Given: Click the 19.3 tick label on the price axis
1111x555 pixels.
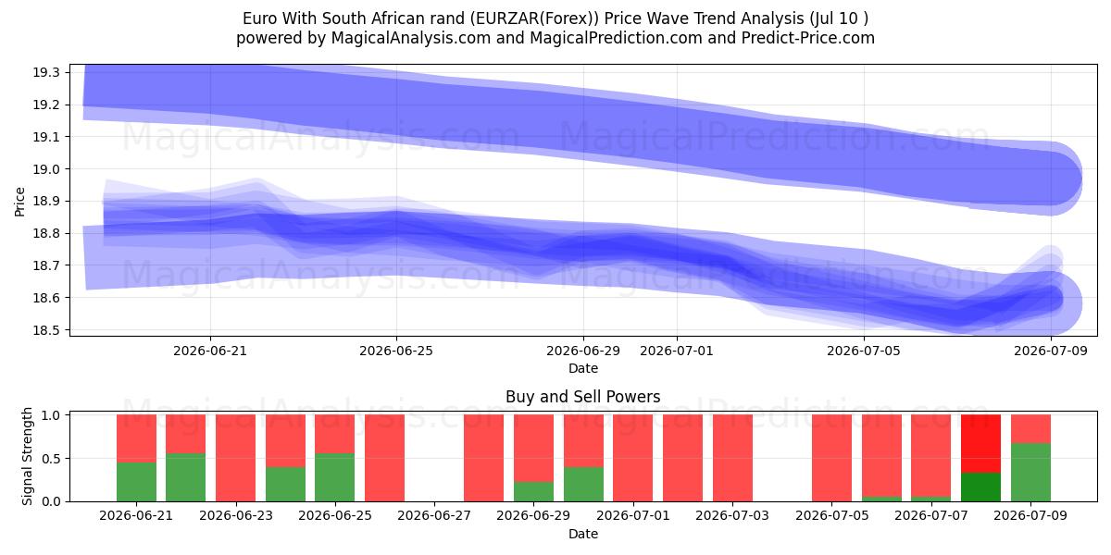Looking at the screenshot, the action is pos(45,73).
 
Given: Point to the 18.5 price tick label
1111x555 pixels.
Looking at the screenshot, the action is pos(45,330).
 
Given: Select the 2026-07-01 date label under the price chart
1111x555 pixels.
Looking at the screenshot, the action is pos(677,351).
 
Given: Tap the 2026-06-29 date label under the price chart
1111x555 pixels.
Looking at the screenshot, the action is pos(583,351).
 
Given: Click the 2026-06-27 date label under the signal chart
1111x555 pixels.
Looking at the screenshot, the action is pos(434,515).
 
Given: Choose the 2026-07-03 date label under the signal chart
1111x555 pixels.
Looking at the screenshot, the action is pos(732,515).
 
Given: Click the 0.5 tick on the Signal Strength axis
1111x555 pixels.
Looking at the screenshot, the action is pos(51,459).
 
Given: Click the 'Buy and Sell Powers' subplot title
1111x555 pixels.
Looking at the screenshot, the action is pos(582,397).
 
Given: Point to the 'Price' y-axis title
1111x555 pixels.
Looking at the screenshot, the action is pos(19,202).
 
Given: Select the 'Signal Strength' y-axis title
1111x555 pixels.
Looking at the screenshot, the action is pos(27,456).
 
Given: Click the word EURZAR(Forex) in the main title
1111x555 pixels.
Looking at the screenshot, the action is pos(535,18).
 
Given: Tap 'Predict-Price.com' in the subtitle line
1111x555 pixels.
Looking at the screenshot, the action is pos(808,38).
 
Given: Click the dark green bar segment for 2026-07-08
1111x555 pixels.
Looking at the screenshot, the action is pos(980,487).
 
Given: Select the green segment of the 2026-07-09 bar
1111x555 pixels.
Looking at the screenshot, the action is pos(1030,473).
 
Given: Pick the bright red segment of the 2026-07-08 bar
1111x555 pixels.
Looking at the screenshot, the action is pos(980,443).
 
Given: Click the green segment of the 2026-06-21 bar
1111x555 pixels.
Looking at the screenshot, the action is pos(136,482).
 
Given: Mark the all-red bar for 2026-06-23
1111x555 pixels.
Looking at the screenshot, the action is pos(235,458).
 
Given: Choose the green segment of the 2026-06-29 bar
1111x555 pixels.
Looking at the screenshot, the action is pos(533,491).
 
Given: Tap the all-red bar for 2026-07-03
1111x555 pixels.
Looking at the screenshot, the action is pos(732,458).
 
